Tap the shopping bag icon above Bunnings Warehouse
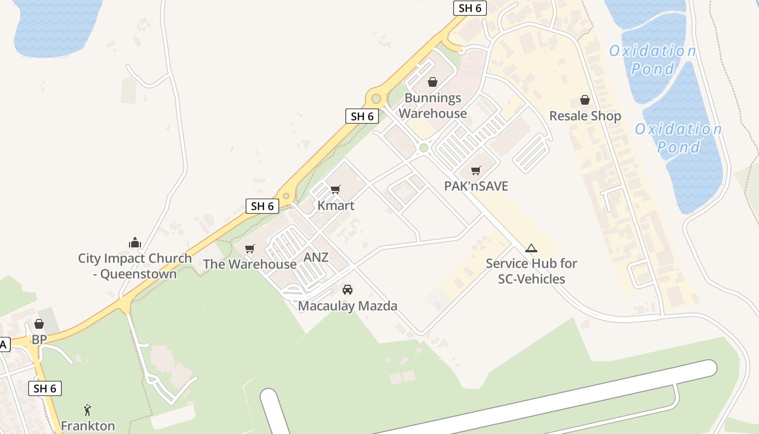tap(433, 82)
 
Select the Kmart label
tap(336, 206)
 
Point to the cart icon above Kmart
tap(336, 189)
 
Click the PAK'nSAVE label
tap(476, 186)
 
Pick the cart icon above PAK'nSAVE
tap(476, 170)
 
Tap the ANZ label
tap(316, 257)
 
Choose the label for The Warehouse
tap(249, 264)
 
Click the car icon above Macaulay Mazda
tap(348, 290)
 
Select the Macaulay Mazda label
tap(348, 306)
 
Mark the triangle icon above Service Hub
tap(531, 248)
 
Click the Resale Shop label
tap(585, 116)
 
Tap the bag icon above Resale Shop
tap(585, 100)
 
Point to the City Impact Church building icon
tap(135, 242)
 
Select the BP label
tap(39, 340)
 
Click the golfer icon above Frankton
tap(88, 410)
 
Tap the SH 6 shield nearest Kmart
tap(262, 206)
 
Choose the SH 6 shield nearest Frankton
tap(45, 388)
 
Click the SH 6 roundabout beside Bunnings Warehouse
tap(376, 99)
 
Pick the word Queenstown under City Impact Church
tap(138, 274)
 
